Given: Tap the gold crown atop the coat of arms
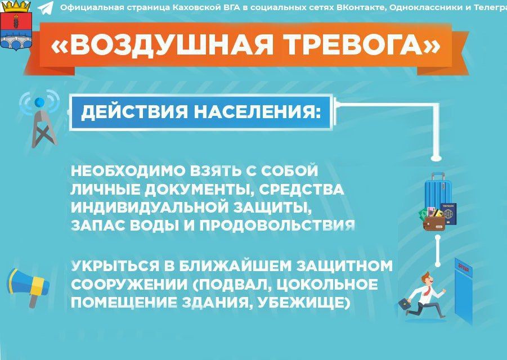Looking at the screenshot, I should pos(16,7).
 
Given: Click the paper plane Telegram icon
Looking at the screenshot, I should pos(46,8).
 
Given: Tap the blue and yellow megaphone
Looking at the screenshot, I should pos(28,287).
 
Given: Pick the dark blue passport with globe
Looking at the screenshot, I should pos(448,213).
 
